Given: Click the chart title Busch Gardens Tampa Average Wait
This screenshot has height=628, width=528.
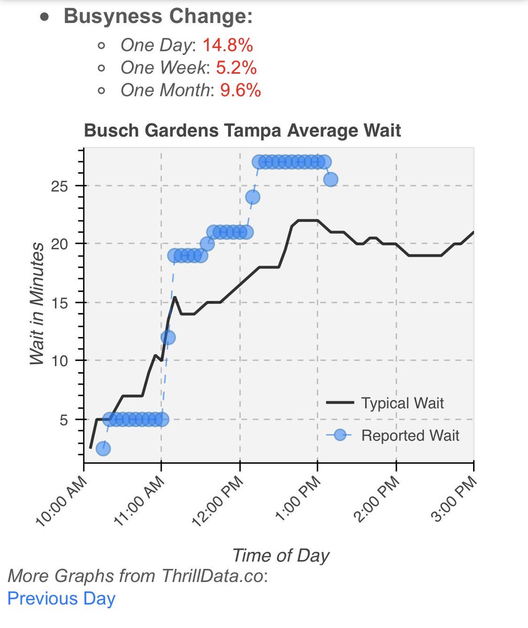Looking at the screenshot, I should [242, 130].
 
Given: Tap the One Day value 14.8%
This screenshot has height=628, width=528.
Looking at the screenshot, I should [228, 46].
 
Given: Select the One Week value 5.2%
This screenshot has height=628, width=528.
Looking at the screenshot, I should [236, 68].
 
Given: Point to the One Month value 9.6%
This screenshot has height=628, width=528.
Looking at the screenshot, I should [240, 91].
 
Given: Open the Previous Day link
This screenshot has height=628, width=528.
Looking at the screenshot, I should [61, 598].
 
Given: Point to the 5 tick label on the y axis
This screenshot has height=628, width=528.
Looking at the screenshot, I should [65, 419].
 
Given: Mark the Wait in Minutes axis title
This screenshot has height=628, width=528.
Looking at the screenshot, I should [36, 304].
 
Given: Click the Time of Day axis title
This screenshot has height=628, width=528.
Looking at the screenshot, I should [280, 555].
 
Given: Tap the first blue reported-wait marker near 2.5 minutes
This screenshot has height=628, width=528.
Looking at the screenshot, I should [103, 448].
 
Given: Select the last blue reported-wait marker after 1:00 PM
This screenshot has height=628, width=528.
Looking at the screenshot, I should [330, 180].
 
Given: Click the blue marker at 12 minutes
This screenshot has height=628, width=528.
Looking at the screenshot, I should [168, 338].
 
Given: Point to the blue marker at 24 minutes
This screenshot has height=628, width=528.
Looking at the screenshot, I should [253, 197].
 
